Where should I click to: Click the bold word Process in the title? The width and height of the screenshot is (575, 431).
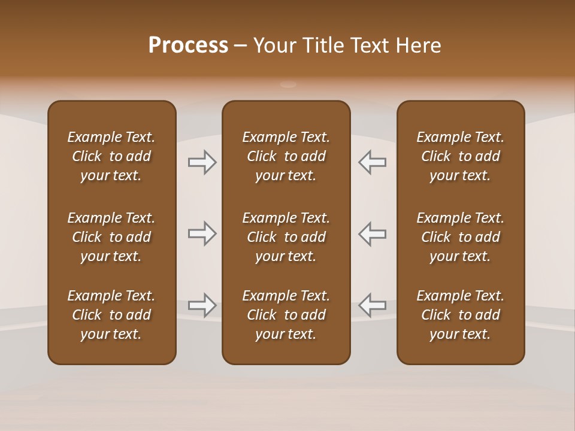click(x=188, y=45)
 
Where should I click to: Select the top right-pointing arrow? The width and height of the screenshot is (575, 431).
click(x=202, y=162)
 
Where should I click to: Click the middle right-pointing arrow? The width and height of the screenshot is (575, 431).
click(x=202, y=233)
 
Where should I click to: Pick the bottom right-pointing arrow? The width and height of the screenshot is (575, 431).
click(x=202, y=305)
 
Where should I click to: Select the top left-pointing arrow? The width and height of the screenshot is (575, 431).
click(x=373, y=162)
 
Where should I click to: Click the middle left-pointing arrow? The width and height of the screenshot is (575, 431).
click(x=373, y=233)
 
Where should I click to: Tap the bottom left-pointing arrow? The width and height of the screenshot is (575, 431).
click(x=373, y=305)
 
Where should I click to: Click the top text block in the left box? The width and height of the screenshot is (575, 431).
click(x=111, y=156)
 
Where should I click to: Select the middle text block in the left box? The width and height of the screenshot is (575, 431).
click(x=111, y=237)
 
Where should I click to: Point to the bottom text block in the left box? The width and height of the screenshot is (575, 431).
click(x=111, y=315)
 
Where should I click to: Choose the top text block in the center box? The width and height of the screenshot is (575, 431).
click(x=286, y=156)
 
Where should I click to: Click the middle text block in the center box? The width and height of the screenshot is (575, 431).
click(x=286, y=237)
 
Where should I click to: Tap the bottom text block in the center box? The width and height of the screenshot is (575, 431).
click(x=286, y=315)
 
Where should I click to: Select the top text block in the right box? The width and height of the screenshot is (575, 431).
click(x=461, y=156)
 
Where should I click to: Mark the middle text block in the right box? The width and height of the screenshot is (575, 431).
click(x=461, y=237)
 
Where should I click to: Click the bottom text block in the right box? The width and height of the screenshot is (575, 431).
click(x=461, y=315)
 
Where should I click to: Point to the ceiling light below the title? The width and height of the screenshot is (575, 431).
click(x=288, y=84)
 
